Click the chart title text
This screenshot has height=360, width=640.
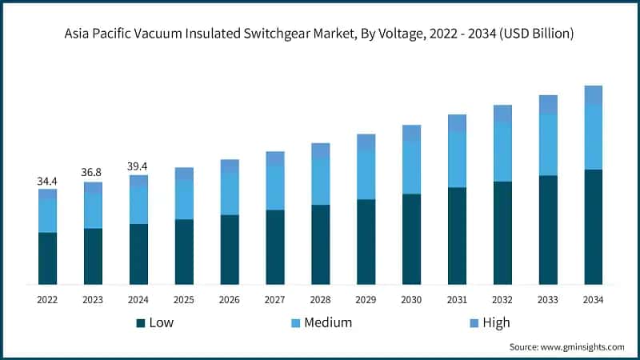[x=320, y=34]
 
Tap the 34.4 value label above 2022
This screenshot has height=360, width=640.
[x=47, y=182]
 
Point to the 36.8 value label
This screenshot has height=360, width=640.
[x=93, y=173]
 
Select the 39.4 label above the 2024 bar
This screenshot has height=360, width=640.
[x=138, y=166]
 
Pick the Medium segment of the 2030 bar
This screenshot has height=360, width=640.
[x=411, y=167]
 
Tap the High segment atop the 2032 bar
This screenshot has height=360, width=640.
[x=502, y=114]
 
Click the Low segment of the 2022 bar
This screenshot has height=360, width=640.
[x=47, y=258]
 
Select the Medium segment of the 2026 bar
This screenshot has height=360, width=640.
[x=230, y=194]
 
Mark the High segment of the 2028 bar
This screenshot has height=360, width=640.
[x=320, y=150]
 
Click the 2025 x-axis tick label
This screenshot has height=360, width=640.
[x=184, y=300]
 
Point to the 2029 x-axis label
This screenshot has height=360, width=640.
[x=366, y=300]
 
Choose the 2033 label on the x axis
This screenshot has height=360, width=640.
[x=548, y=300]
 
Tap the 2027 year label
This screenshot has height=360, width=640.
[x=275, y=300]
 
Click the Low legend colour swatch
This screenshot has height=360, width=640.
[x=141, y=323]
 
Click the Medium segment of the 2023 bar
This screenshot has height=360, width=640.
[x=93, y=210]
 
